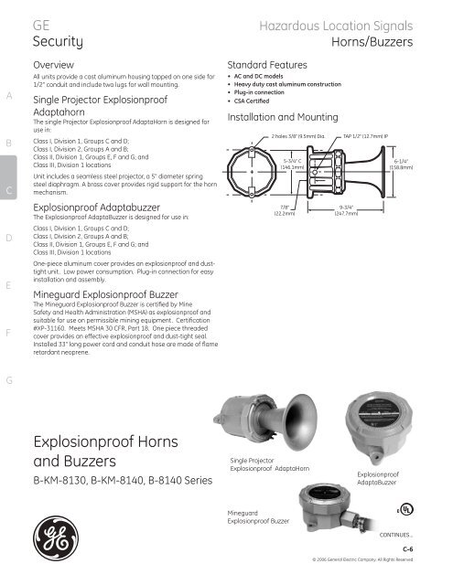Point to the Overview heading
pos(52,67)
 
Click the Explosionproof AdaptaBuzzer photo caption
pos(381,477)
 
